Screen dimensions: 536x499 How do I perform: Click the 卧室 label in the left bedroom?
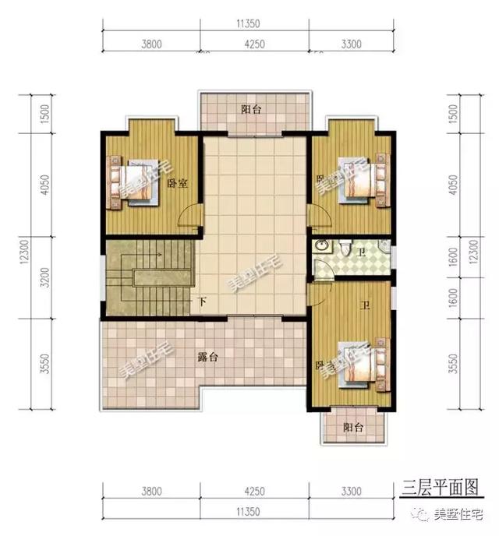(x=175, y=184)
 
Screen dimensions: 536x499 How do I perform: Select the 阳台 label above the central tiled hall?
(x=251, y=110)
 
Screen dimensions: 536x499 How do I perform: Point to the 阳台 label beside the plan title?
(x=353, y=428)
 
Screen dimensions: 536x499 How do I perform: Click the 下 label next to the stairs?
(x=202, y=301)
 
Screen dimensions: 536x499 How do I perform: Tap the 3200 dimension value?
(x=25, y=279)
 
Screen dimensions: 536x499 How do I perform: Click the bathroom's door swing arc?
(x=321, y=269)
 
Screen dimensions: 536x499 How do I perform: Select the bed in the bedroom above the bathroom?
(x=359, y=182)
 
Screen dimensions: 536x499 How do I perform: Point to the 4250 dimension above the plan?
(x=257, y=44)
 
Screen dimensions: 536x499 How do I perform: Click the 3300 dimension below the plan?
(x=350, y=492)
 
